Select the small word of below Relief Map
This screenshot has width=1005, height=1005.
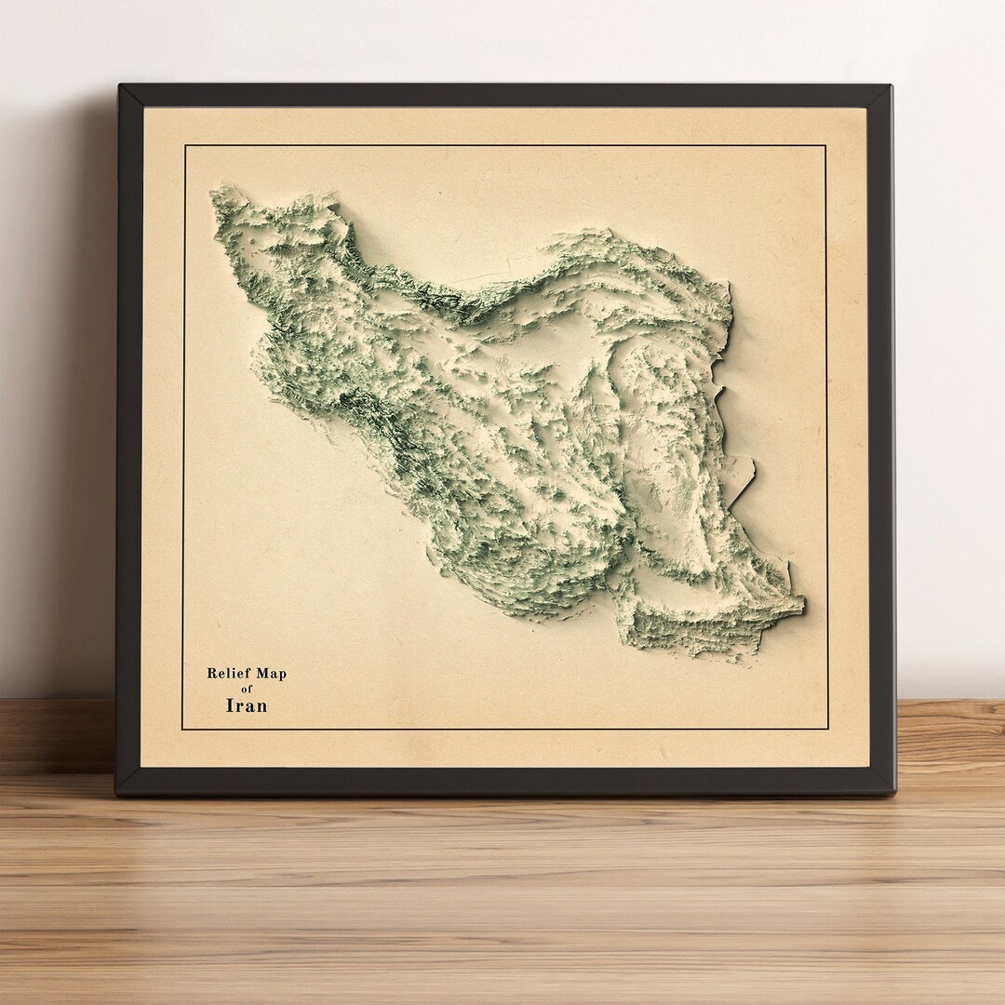247,690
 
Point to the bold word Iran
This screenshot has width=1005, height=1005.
247,705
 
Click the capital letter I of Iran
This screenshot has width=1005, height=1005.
230,705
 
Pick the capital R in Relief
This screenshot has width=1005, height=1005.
211,674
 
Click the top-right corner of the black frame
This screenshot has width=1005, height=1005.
891,87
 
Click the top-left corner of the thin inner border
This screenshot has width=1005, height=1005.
184,146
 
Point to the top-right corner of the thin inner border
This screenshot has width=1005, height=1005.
825,146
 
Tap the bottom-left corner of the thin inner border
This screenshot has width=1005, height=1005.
183,729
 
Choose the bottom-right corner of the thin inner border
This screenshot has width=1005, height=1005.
827,729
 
